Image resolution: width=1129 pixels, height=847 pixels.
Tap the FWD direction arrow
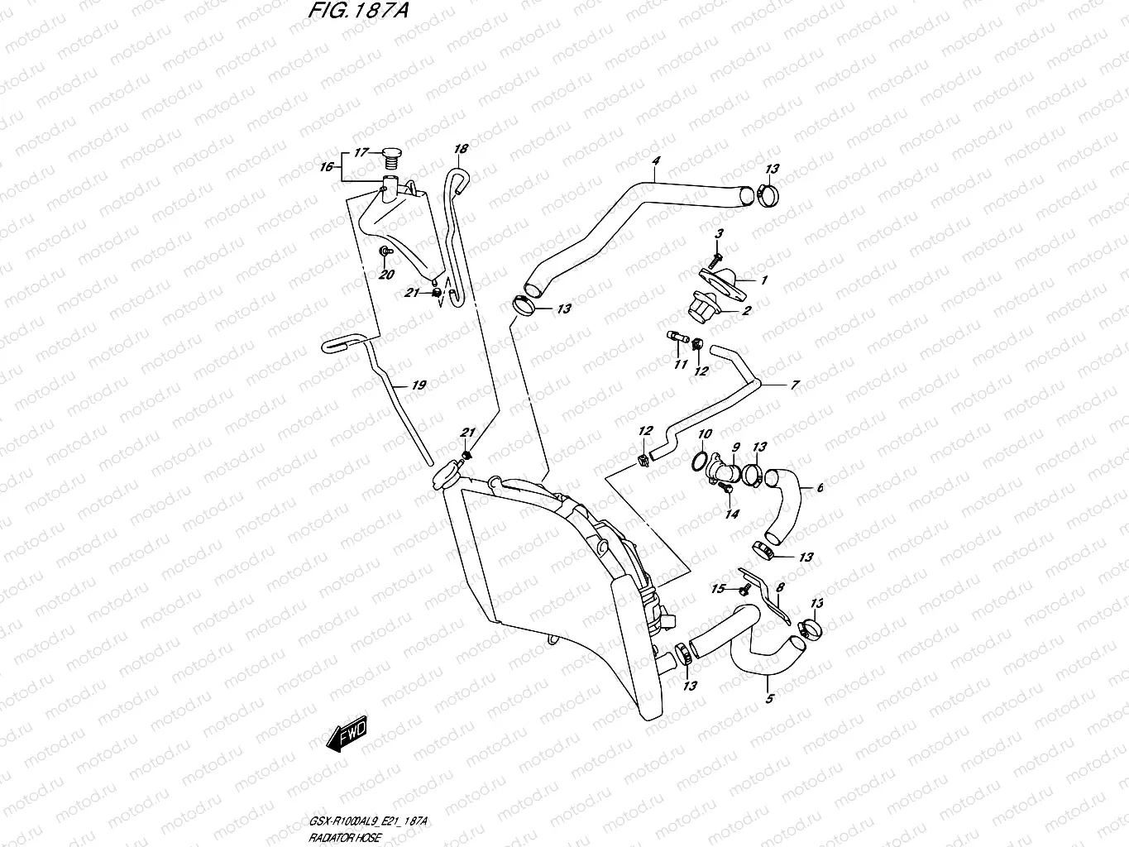point(350,734)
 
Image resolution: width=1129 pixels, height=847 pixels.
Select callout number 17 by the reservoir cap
point(361,152)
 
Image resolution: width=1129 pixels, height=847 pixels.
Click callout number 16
point(328,166)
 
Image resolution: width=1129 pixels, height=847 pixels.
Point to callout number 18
point(461,149)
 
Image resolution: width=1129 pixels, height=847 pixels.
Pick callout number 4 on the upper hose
point(655,160)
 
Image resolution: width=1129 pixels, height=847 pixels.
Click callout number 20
point(386,275)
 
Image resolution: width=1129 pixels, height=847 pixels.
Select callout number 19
point(419,385)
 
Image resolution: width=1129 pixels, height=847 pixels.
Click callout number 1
point(763,280)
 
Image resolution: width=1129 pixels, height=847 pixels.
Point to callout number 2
point(746,311)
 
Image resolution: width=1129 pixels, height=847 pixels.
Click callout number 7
point(795,385)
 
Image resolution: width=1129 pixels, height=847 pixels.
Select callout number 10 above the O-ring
point(705,434)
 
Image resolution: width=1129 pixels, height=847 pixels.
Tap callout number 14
point(731,514)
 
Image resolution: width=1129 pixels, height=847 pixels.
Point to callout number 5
point(769,700)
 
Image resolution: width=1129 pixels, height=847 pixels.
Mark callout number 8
point(780,587)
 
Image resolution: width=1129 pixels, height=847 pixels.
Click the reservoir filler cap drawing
point(392,154)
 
